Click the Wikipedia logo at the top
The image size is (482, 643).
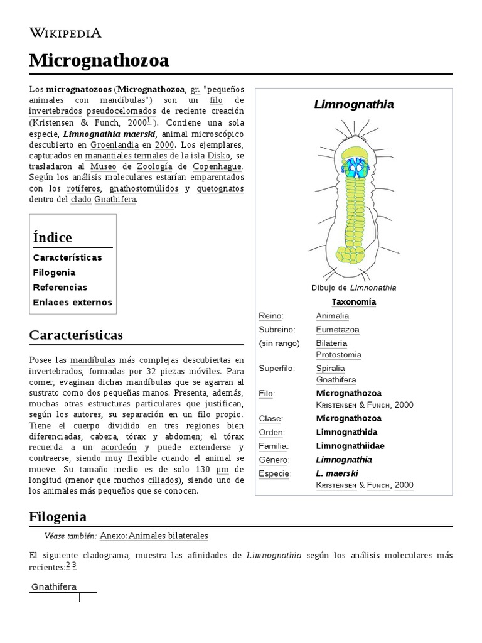pyautogui.click(x=65, y=33)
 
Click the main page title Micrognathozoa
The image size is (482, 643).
pyautogui.click(x=99, y=61)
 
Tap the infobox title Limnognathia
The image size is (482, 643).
pyautogui.click(x=354, y=104)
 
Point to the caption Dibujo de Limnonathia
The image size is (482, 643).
pyautogui.click(x=353, y=288)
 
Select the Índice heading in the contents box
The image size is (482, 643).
pyautogui.click(x=52, y=237)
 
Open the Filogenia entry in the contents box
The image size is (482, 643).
pyautogui.click(x=54, y=273)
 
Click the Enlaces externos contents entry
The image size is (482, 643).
pyautogui.click(x=72, y=302)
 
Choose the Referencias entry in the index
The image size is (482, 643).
pyautogui.click(x=60, y=288)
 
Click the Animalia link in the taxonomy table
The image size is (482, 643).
pyautogui.click(x=332, y=316)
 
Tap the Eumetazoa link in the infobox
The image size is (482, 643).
pyautogui.click(x=338, y=330)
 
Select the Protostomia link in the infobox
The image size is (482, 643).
pyautogui.click(x=338, y=355)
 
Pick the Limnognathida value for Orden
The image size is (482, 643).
pyautogui.click(x=346, y=433)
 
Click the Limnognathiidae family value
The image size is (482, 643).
pyautogui.click(x=350, y=446)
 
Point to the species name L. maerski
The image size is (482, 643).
pyautogui.click(x=337, y=473)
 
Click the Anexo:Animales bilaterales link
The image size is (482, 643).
pyautogui.click(x=154, y=536)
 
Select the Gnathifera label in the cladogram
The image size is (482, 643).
pyautogui.click(x=54, y=587)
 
